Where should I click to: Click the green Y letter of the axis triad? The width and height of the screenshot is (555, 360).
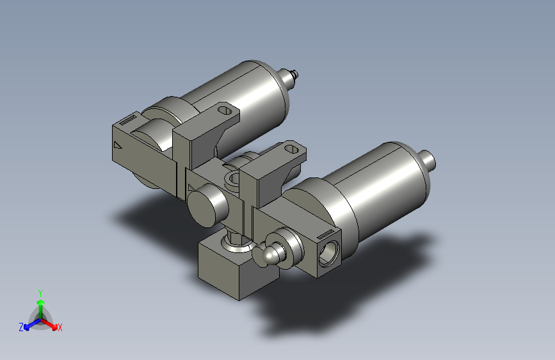point(40,291)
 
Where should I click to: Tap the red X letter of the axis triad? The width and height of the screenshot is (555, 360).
point(60,327)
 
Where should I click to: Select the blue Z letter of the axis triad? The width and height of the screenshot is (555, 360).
point(21,327)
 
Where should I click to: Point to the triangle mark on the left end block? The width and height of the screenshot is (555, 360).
point(117,145)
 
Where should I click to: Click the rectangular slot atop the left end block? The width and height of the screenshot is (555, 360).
point(130,119)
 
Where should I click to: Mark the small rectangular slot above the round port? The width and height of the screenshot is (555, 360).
point(325,232)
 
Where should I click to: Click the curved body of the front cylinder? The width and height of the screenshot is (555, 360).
point(378,186)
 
